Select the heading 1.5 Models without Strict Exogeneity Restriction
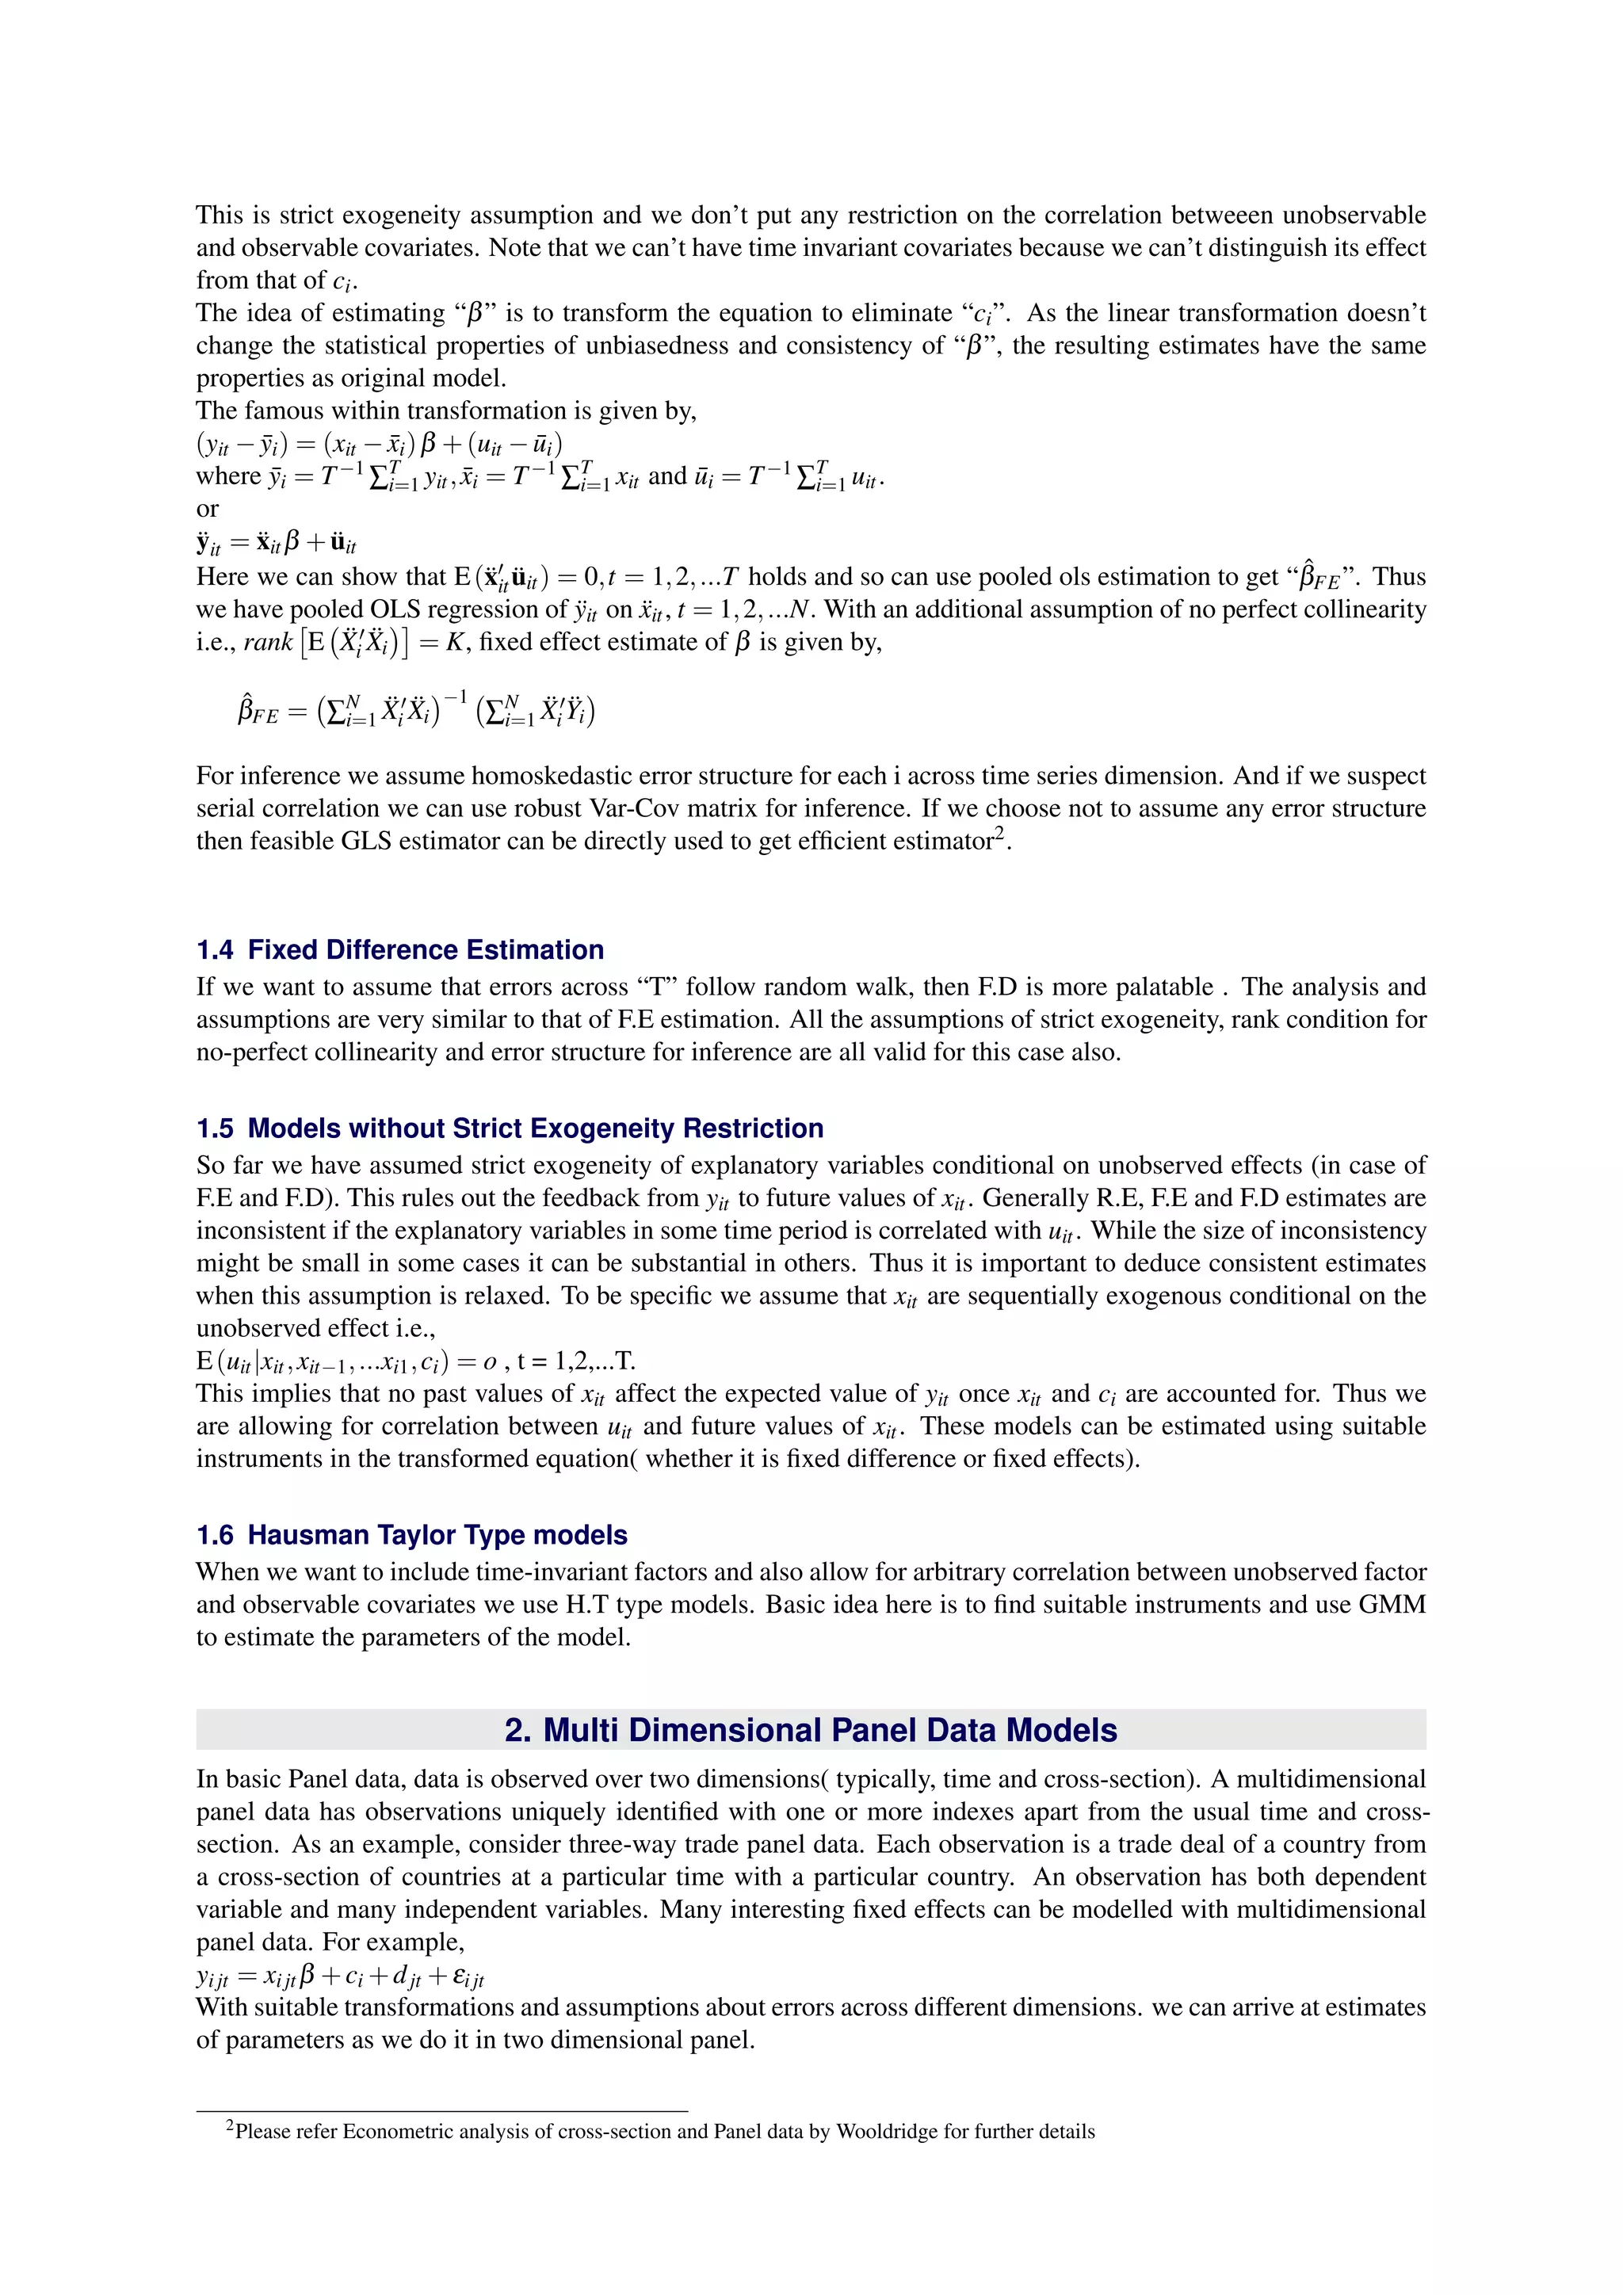click(510, 1128)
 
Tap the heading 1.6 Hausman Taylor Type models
click(412, 1535)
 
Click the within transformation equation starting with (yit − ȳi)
click(379, 444)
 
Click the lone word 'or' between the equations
click(207, 510)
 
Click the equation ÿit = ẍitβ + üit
click(276, 543)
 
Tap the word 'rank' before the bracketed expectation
click(268, 643)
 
